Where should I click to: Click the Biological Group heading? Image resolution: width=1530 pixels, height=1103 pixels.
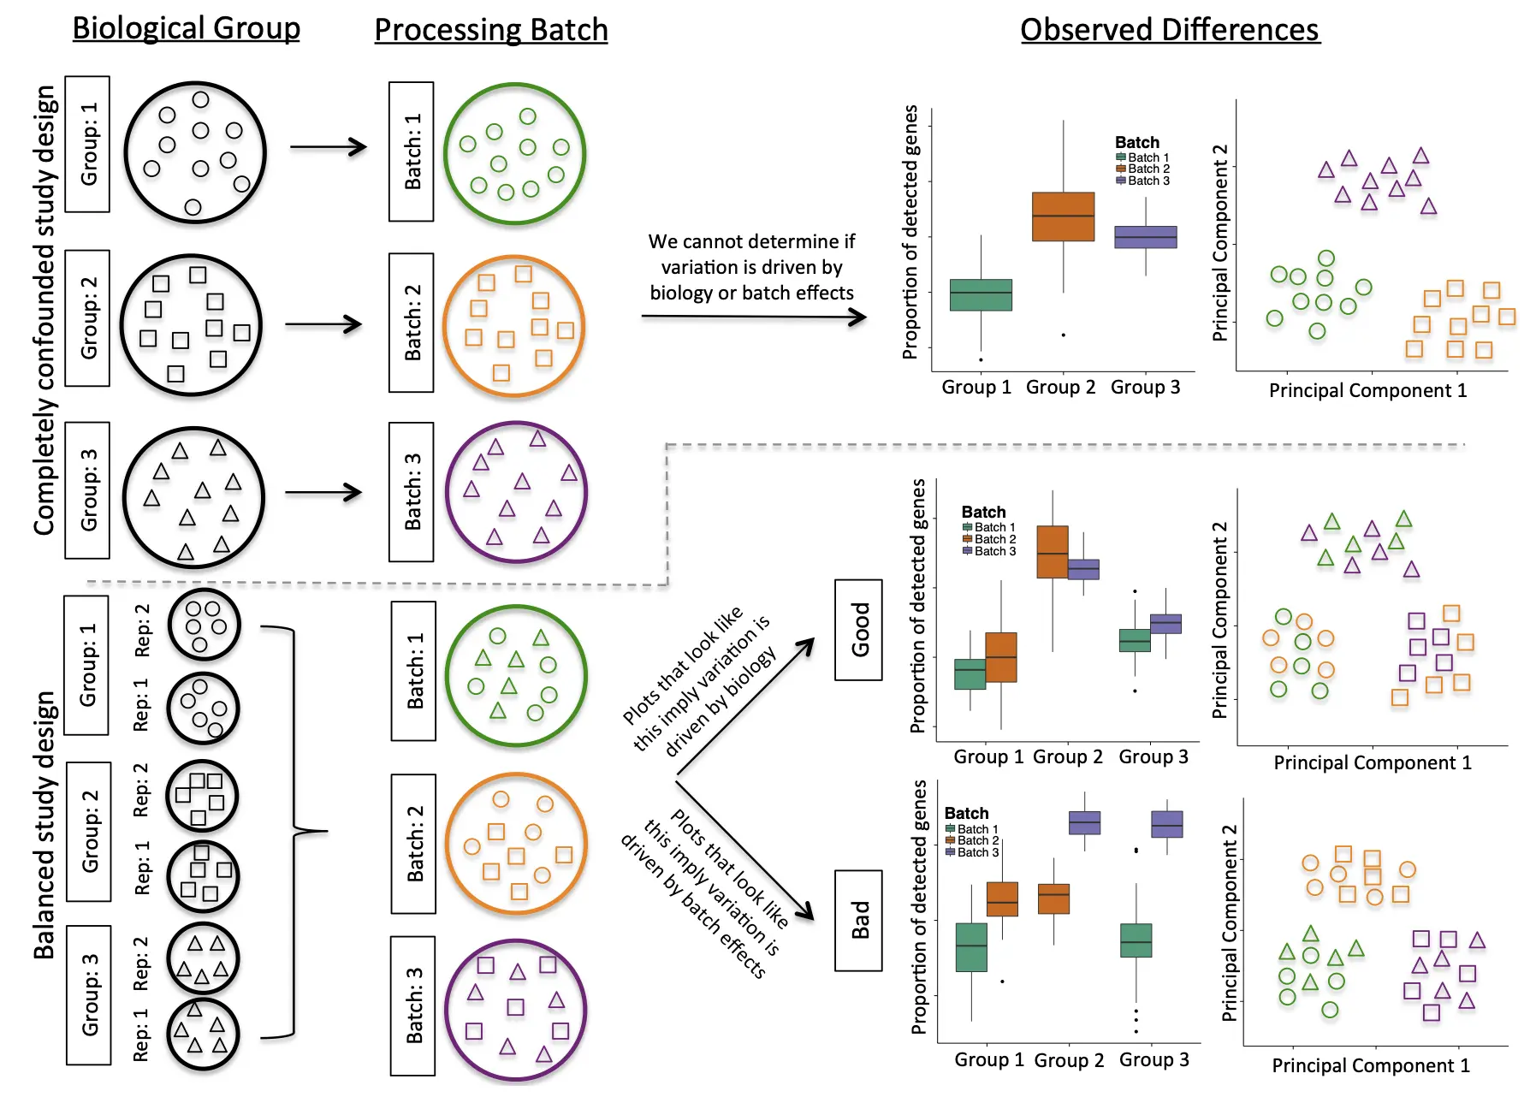pyautogui.click(x=187, y=28)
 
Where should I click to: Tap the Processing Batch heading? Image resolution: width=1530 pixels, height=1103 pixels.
pyautogui.click(x=491, y=30)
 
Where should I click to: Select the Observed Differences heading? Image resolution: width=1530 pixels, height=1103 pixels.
pyautogui.click(x=1170, y=30)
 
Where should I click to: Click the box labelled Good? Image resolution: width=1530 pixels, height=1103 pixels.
pyautogui.click(x=858, y=630)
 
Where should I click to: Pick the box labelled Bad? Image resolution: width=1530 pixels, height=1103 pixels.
pyautogui.click(x=858, y=920)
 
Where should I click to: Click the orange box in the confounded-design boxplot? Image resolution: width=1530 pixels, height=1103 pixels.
pyautogui.click(x=1063, y=216)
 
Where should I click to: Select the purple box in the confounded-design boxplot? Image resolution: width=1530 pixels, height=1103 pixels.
pyautogui.click(x=1146, y=237)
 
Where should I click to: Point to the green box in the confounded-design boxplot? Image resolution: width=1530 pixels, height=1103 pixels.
pyautogui.click(x=981, y=294)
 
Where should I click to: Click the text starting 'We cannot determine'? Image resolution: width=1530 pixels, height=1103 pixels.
pyautogui.click(x=751, y=267)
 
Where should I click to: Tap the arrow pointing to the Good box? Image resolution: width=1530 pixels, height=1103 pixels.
pyautogui.click(x=745, y=707)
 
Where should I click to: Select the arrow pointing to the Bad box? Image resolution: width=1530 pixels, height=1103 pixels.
pyautogui.click(x=745, y=849)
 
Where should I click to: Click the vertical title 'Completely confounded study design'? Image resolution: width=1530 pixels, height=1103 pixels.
pyautogui.click(x=44, y=310)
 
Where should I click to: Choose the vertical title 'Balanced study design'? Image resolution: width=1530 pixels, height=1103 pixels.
pyautogui.click(x=44, y=825)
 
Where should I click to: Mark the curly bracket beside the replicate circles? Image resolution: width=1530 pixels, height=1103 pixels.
pyautogui.click(x=294, y=831)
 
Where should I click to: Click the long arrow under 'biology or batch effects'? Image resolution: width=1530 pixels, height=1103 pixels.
pyautogui.click(x=754, y=317)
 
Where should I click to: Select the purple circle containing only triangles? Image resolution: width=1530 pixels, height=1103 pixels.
pyautogui.click(x=516, y=492)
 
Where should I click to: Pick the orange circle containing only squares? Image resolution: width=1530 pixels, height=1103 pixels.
pyautogui.click(x=513, y=326)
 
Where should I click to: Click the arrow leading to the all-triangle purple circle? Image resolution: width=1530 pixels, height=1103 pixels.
pyautogui.click(x=323, y=493)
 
